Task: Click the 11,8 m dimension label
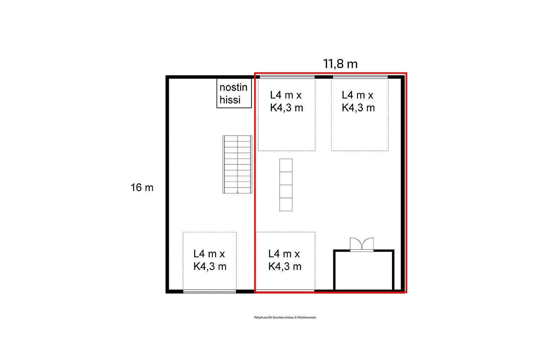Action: pos(340,64)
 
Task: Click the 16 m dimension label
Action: pos(142,188)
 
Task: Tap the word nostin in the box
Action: pos(233,87)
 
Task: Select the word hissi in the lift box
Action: pos(230,100)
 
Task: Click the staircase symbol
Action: pos(237,165)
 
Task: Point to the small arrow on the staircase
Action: pos(238,192)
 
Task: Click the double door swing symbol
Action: pos(362,244)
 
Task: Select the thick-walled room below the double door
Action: pos(364,270)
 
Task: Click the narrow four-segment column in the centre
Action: pos(286,185)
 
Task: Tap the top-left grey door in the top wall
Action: pos(287,77)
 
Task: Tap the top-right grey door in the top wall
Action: pos(360,77)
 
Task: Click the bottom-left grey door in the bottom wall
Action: pos(210,292)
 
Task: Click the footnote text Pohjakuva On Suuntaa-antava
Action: pos(274,318)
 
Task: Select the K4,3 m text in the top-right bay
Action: pos(358,108)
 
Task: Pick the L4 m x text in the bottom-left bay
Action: pos(209,254)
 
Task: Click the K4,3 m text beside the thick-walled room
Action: pos(285,266)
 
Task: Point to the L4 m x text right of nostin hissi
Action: pos(286,95)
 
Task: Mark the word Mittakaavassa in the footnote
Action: pos(307,318)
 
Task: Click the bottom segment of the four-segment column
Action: pos(286,204)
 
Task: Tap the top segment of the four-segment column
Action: pos(286,165)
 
